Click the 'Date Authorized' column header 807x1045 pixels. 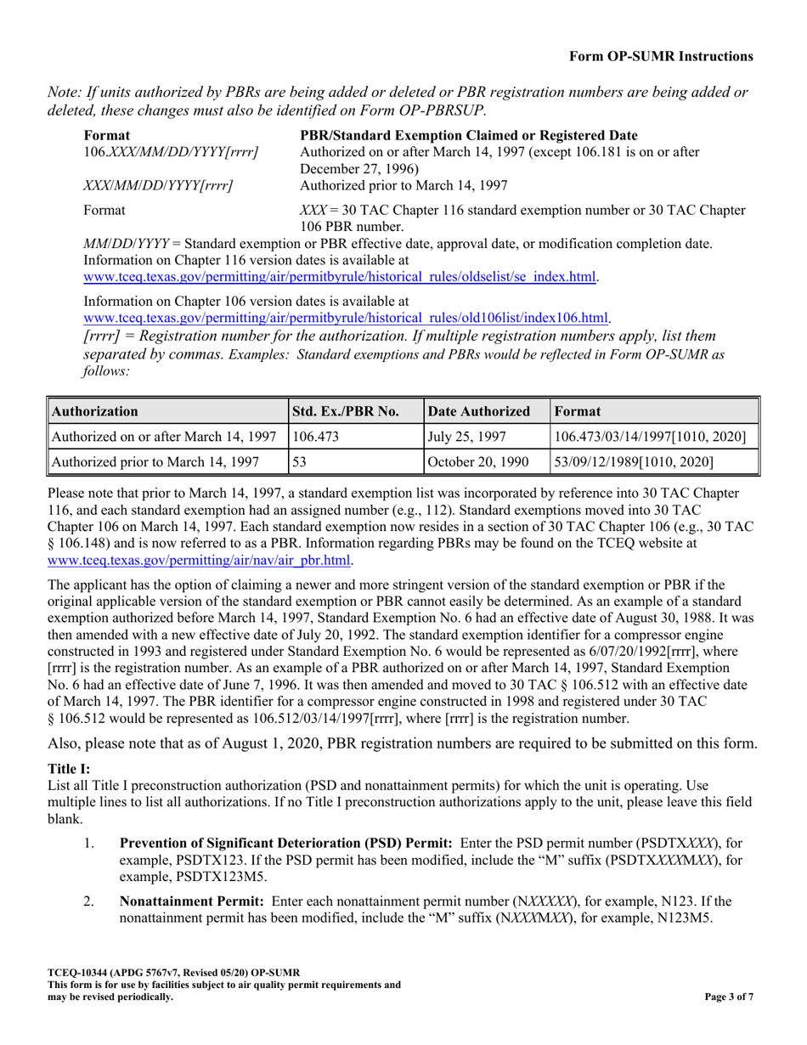click(x=479, y=411)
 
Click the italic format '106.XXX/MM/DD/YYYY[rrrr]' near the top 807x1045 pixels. click(x=171, y=151)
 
